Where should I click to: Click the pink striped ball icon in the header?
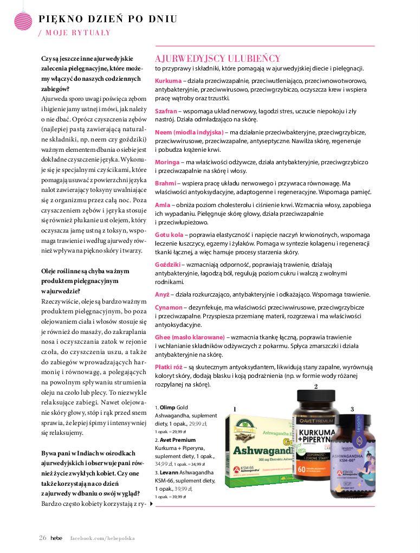22,21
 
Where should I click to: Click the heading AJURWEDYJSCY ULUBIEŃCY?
217,59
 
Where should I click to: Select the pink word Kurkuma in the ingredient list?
168,81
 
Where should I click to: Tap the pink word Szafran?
166,111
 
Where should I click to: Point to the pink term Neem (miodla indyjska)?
189,132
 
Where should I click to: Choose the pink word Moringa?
167,162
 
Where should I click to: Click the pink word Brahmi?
165,183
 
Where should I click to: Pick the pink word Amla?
163,205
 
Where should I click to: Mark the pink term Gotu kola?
169,235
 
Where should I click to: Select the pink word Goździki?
167,265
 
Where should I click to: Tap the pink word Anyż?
162,294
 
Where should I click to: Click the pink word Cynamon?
169,307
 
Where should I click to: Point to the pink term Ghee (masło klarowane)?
190,337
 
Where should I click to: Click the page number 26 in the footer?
42,538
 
